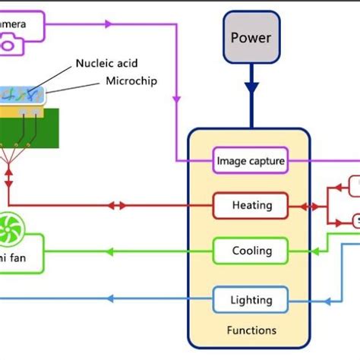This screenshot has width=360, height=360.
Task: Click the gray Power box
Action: pos(250,37)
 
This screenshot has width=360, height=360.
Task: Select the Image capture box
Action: pos(250,160)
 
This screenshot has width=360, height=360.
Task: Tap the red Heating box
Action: pos(250,205)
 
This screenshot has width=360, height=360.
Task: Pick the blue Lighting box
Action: pos(250,300)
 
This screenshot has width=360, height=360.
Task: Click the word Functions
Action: pos(251,330)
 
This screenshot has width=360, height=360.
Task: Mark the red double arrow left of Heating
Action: pos(118,205)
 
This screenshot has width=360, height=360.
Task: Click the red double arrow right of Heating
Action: pos(311,205)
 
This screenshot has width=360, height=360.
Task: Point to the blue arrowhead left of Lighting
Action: pos(112,300)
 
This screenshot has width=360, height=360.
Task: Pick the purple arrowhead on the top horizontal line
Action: pos(109,24)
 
